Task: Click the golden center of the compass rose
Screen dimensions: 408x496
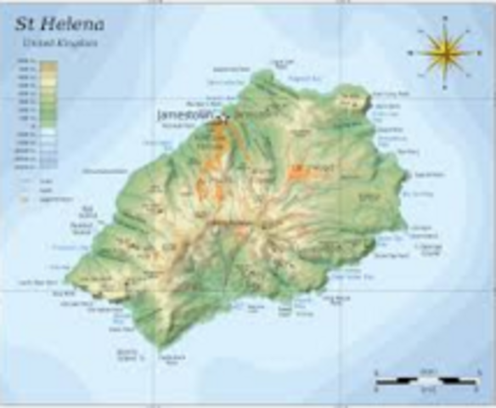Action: (x=442, y=52)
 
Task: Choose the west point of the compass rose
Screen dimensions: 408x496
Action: (x=409, y=52)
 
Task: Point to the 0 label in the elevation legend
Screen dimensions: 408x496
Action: (x=31, y=126)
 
